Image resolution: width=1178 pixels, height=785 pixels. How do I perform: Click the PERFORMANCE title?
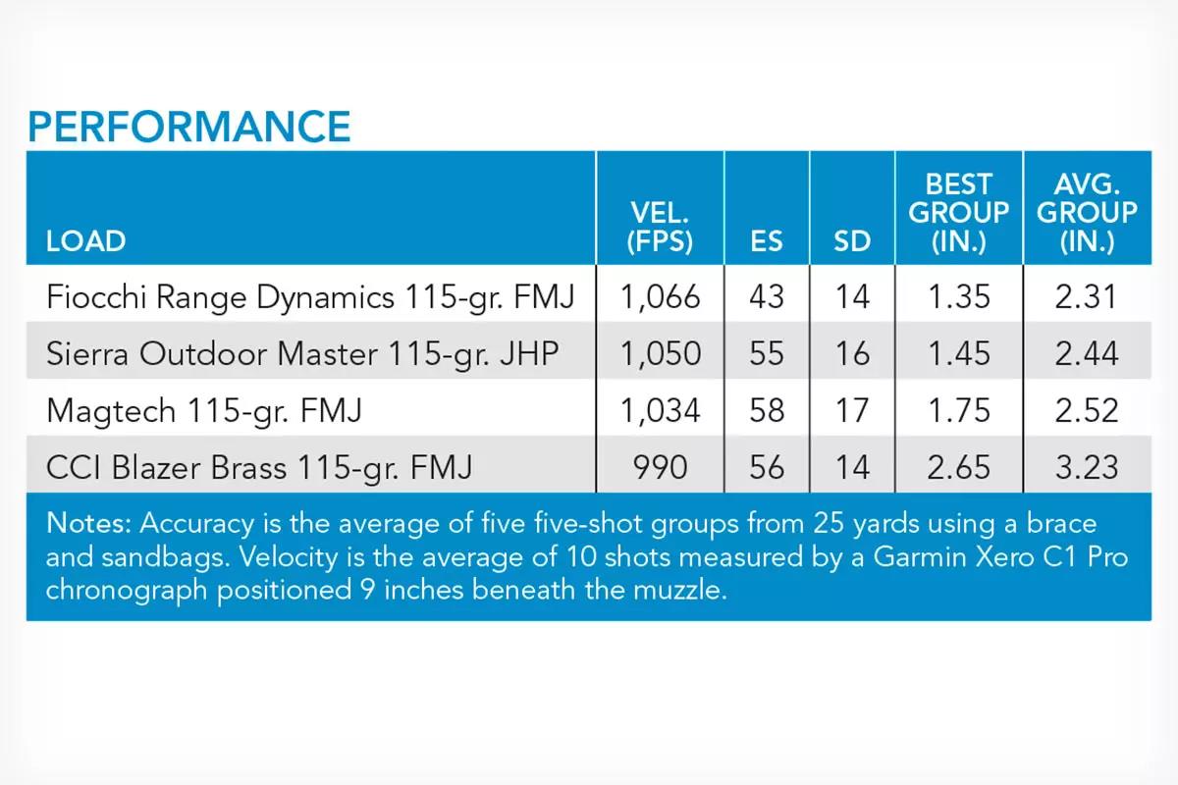(x=189, y=127)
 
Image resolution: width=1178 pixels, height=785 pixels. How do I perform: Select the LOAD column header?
(x=85, y=241)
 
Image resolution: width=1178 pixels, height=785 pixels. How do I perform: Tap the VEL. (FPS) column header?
(x=660, y=227)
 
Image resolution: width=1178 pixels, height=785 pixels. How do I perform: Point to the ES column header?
(x=767, y=241)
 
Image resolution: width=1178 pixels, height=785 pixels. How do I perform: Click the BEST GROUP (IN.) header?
(x=959, y=213)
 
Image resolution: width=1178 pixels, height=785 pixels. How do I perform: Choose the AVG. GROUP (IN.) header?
(x=1087, y=213)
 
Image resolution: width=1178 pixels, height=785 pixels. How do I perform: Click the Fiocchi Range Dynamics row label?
(x=310, y=297)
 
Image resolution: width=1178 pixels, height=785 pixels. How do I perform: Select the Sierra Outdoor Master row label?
(x=302, y=354)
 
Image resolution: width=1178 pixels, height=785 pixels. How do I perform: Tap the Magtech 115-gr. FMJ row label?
(x=204, y=410)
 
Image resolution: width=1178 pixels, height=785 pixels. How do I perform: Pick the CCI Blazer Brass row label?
(x=259, y=467)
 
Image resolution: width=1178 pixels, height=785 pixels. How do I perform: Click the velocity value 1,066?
(x=660, y=297)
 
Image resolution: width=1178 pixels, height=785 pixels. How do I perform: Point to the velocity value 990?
(x=660, y=467)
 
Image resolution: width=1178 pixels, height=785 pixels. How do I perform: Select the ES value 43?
(x=767, y=297)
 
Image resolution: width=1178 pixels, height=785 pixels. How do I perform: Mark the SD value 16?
(x=852, y=353)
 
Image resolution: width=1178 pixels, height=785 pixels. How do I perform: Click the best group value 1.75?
(x=959, y=410)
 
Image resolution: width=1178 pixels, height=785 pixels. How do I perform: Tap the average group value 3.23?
(x=1087, y=467)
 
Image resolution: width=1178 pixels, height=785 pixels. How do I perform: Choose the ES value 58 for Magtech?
(x=767, y=410)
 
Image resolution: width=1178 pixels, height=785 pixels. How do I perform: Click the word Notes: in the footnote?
(x=87, y=523)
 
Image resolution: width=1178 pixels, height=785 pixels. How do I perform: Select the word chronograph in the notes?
(x=128, y=591)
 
